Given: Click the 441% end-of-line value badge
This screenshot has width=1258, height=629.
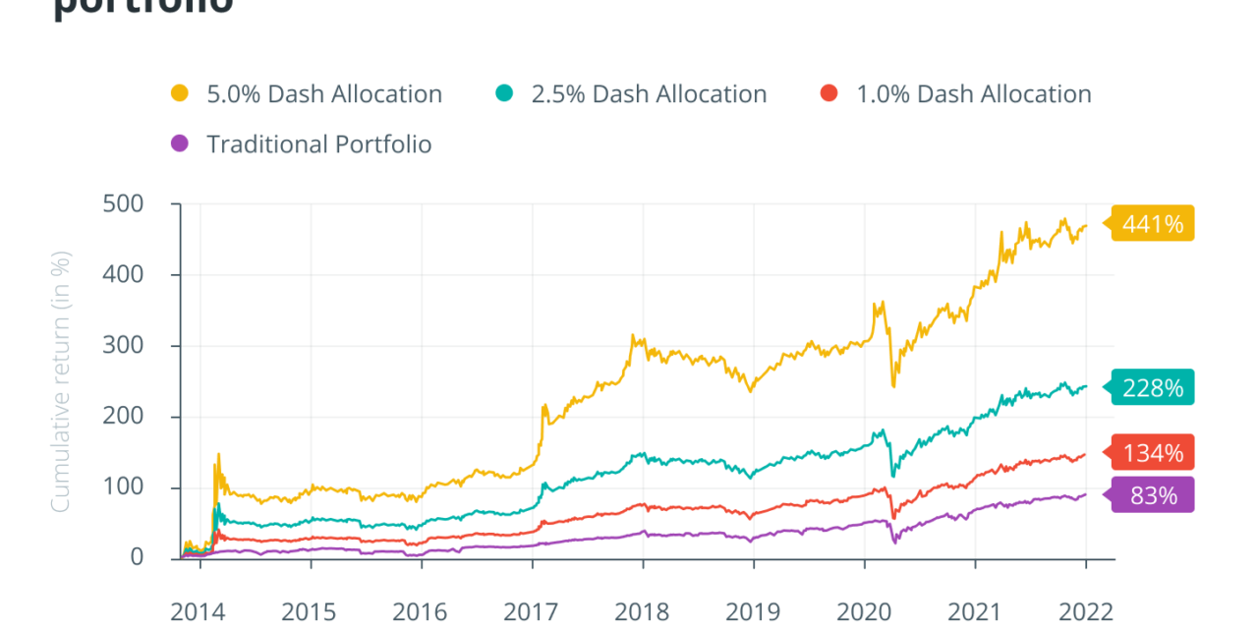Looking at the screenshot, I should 1153,224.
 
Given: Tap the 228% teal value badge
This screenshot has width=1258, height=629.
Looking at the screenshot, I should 1153,387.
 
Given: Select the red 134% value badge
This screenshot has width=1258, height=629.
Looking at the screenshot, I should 1153,452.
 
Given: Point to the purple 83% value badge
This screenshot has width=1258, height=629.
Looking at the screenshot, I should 1153,495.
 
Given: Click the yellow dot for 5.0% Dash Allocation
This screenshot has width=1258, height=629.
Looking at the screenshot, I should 179,94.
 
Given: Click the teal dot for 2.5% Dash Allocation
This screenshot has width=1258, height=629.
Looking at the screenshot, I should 503,94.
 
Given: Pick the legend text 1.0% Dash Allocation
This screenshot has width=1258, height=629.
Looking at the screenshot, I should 973,94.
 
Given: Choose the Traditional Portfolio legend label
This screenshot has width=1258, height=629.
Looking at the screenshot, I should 318,144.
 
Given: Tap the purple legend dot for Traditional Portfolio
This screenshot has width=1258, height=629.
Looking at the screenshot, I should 179,144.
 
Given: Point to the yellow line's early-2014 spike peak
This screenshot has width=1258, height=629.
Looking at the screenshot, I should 217,454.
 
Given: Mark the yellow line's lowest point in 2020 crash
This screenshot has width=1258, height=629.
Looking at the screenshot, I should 893,385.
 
